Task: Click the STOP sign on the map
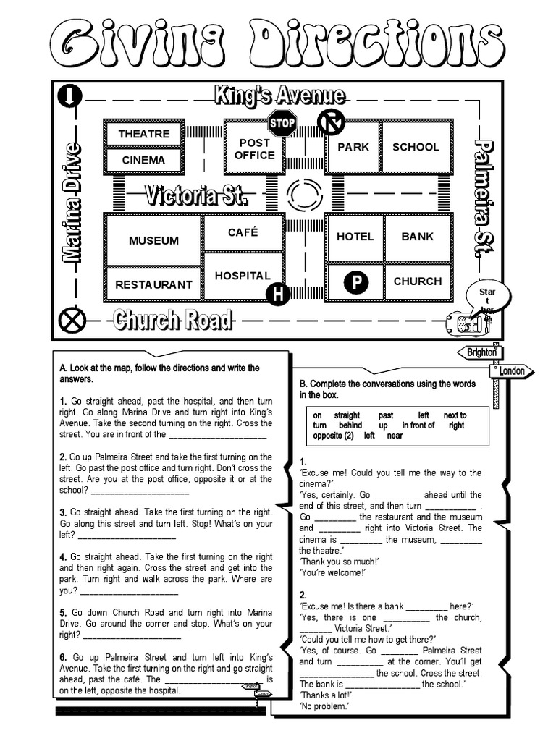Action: [282, 123]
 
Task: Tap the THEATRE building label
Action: [144, 134]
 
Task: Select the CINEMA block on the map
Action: [144, 160]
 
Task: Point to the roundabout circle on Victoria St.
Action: [305, 195]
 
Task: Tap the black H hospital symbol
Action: [277, 294]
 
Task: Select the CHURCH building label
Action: [417, 281]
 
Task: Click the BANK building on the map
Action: [417, 237]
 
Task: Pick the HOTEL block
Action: [355, 237]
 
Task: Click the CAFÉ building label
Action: [243, 232]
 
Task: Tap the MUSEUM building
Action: [153, 240]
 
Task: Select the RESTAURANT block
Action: [153, 284]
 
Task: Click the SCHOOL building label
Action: [416, 147]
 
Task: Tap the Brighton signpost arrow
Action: [480, 352]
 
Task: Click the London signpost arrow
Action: [513, 371]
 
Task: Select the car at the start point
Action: [467, 323]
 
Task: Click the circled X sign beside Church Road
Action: [74, 319]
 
